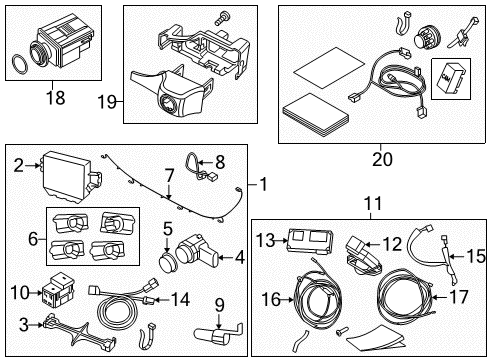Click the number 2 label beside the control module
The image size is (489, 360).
click(18, 167)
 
